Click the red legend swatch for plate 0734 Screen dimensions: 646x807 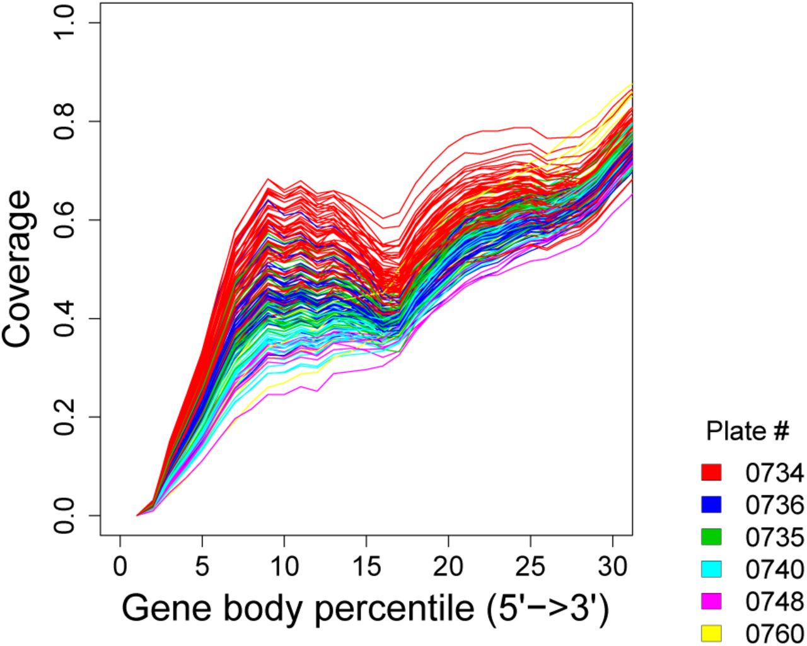[x=712, y=472]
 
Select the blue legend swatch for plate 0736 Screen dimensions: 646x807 [x=712, y=504]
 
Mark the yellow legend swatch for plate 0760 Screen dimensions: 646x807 [x=712, y=632]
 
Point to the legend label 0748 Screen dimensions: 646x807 [x=774, y=601]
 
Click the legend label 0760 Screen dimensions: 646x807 [x=774, y=633]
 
